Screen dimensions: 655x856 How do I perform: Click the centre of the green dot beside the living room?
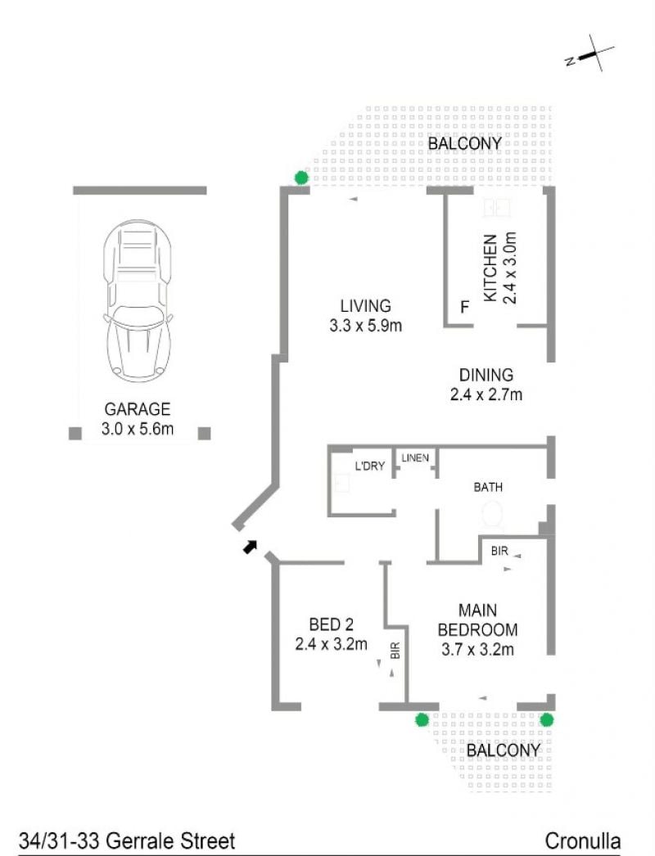[301, 178]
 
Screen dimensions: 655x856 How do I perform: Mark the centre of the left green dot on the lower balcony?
[421, 720]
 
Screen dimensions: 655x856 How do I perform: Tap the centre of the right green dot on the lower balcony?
[547, 720]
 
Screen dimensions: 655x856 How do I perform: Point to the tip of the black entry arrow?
[255, 541]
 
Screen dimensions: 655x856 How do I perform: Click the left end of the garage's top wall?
[73, 191]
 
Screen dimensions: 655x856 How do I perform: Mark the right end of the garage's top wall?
[206, 191]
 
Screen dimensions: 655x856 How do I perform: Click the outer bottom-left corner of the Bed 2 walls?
[272, 710]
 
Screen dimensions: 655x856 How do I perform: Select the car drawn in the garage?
[138, 302]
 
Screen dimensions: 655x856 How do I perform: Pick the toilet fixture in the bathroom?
[492, 515]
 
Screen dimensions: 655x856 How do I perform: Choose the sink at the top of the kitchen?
[497, 207]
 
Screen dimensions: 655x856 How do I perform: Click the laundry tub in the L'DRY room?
[342, 483]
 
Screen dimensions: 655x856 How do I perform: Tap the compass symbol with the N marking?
[590, 54]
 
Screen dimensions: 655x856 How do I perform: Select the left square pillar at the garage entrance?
[75, 433]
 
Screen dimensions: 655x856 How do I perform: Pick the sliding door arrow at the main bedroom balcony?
[482, 698]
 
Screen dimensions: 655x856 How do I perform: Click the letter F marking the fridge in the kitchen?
[465, 308]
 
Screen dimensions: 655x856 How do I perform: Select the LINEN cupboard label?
[415, 458]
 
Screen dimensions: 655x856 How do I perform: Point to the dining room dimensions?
[486, 394]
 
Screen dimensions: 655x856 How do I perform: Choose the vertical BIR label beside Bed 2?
[395, 651]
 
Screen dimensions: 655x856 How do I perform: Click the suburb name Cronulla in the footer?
[583, 840]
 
